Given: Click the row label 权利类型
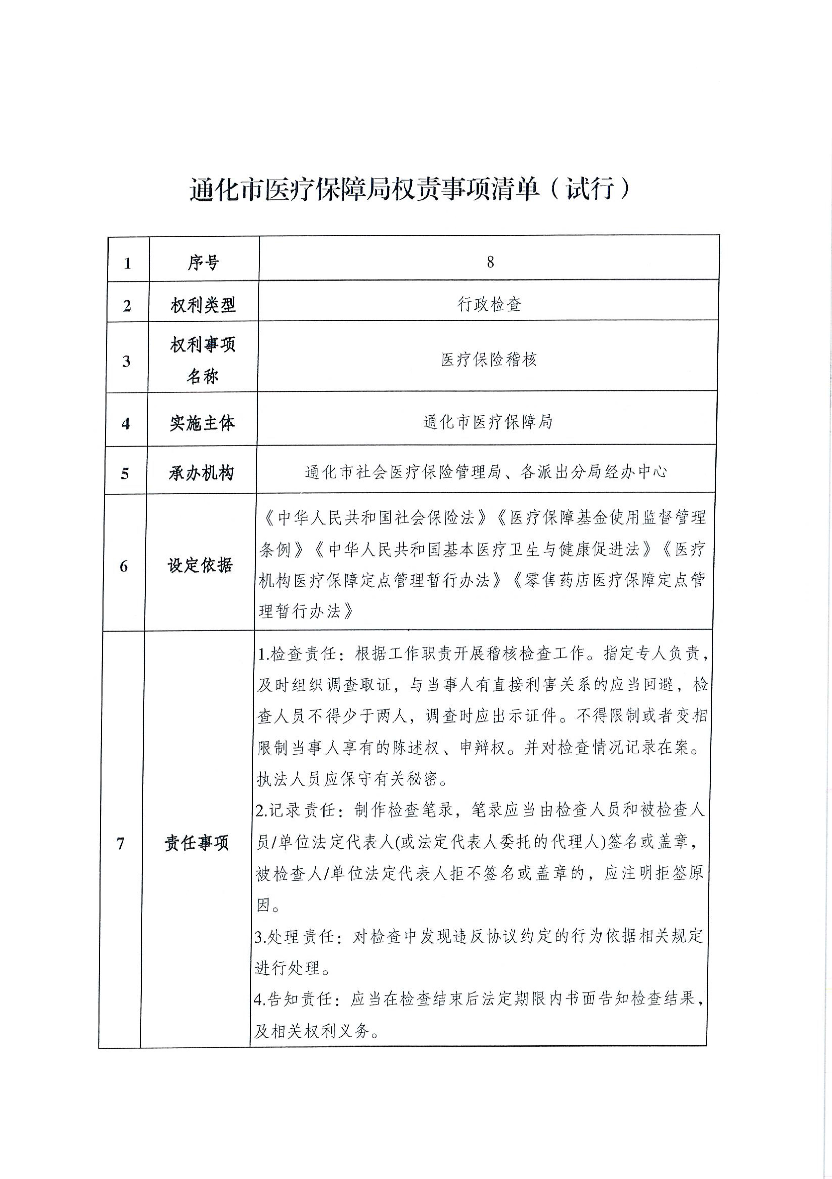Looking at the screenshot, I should [x=203, y=305].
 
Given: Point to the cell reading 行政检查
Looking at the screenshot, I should [x=489, y=304].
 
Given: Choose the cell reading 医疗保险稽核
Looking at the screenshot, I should [x=489, y=359].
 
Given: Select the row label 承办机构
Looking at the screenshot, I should [x=201, y=472].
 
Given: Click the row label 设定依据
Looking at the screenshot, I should [x=200, y=565].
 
